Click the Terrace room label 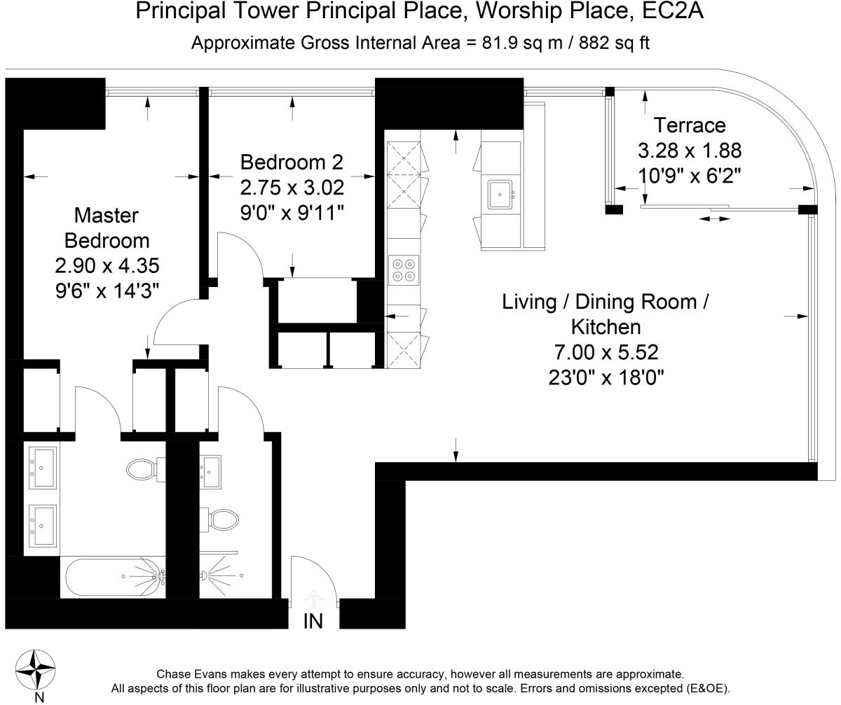(x=689, y=125)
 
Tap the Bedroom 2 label (x=292, y=162)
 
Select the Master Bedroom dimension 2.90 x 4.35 (x=107, y=265)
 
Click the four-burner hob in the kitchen (x=404, y=270)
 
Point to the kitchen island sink (x=500, y=195)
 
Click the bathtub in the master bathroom (x=115, y=577)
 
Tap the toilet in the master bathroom (x=146, y=469)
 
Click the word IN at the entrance (x=313, y=622)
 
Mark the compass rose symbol (x=36, y=671)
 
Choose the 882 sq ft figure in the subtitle (x=614, y=43)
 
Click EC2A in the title (x=673, y=11)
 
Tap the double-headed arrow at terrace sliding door (x=715, y=219)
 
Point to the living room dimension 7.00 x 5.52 (x=606, y=353)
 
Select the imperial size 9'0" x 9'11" (x=292, y=213)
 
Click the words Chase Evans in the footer (x=191, y=674)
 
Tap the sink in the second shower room (x=211, y=472)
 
